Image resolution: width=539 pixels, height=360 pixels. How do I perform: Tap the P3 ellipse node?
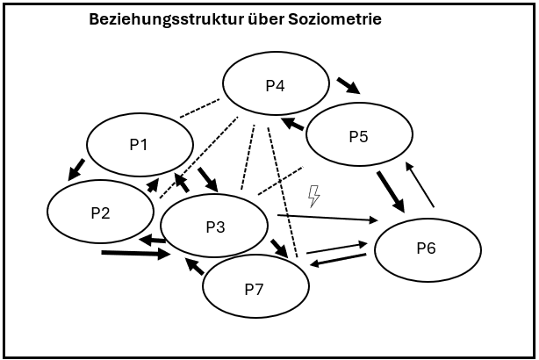(x=214, y=227)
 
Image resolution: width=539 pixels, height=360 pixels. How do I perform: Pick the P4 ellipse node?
(x=276, y=85)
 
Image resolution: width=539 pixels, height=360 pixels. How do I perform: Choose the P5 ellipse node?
(x=359, y=136)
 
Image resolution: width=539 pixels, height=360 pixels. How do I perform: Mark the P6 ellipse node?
(x=428, y=248)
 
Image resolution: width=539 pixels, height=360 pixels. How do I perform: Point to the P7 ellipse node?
(x=255, y=288)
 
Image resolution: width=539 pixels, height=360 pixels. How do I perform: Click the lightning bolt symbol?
(x=313, y=195)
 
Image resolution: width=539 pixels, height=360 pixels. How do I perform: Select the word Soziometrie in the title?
(x=338, y=18)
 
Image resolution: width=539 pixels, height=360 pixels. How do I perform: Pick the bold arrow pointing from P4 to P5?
(x=348, y=85)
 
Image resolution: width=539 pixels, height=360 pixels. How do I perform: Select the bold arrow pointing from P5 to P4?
(x=292, y=124)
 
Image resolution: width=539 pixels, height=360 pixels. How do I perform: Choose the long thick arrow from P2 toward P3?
(x=136, y=255)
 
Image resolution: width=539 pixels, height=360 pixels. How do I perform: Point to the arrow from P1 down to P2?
(x=75, y=169)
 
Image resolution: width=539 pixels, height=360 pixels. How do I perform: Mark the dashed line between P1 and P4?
(x=199, y=109)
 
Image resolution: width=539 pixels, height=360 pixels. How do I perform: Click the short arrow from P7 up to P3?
(x=194, y=266)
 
